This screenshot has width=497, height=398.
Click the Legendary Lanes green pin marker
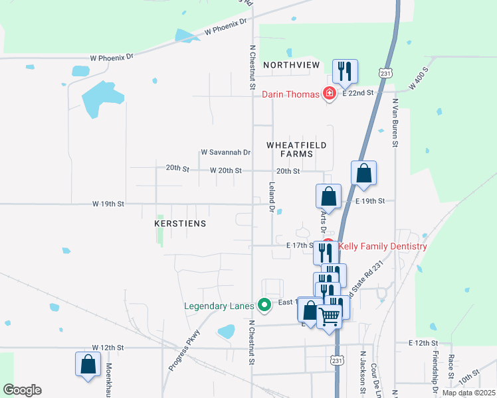(264, 306)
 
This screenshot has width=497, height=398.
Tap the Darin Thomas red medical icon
(328, 94)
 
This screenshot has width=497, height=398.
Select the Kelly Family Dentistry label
(383, 247)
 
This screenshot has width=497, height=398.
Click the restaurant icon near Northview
(344, 71)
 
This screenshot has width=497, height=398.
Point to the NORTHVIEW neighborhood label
(291, 65)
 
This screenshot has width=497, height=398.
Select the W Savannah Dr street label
(225, 153)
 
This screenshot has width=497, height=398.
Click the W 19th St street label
(108, 204)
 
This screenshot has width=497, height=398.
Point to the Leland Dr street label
(272, 198)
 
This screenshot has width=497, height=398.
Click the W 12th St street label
(108, 348)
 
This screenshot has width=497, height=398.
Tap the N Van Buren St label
(395, 123)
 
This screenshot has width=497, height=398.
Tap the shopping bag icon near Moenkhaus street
(88, 364)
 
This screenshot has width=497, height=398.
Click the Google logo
(21, 390)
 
